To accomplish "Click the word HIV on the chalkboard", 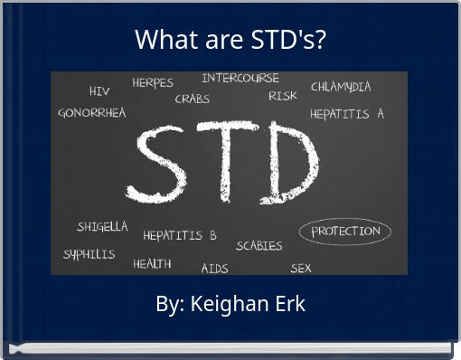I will [x=99, y=91].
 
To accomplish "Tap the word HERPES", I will [x=153, y=82].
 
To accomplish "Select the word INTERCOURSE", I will [x=240, y=79].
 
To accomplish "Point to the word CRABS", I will [x=192, y=99].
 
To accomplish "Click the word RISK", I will [x=283, y=95].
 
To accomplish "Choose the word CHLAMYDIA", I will [x=341, y=88].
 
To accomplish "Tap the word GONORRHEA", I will [x=92, y=113].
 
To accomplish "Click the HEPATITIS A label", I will [x=347, y=115].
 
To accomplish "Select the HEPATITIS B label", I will [x=180, y=235].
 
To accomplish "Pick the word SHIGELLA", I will [x=102, y=227].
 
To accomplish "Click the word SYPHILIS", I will [x=89, y=254].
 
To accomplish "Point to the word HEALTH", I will [x=152, y=263].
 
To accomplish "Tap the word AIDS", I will [x=214, y=268].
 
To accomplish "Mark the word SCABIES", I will [x=259, y=245].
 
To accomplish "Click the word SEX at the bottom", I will [x=301, y=268].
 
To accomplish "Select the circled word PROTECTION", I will [x=345, y=231].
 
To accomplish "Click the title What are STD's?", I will [x=230, y=41].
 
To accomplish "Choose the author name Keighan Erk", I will [x=230, y=304].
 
